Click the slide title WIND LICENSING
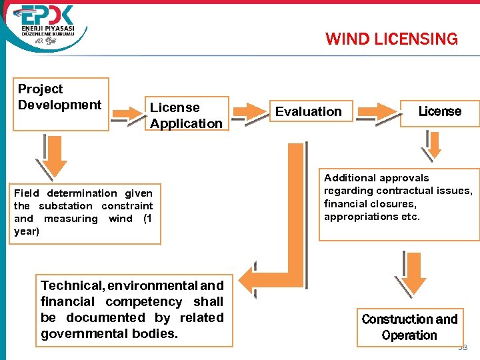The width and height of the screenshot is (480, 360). pyautogui.click(x=391, y=39)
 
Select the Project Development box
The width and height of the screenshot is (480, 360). pyautogui.click(x=61, y=103)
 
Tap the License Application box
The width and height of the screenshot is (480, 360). pyautogui.click(x=187, y=115)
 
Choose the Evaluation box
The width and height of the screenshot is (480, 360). pyautogui.click(x=309, y=111)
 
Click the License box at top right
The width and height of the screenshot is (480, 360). pyautogui.click(x=439, y=111)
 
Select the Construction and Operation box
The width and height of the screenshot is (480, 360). pyautogui.click(x=409, y=327)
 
